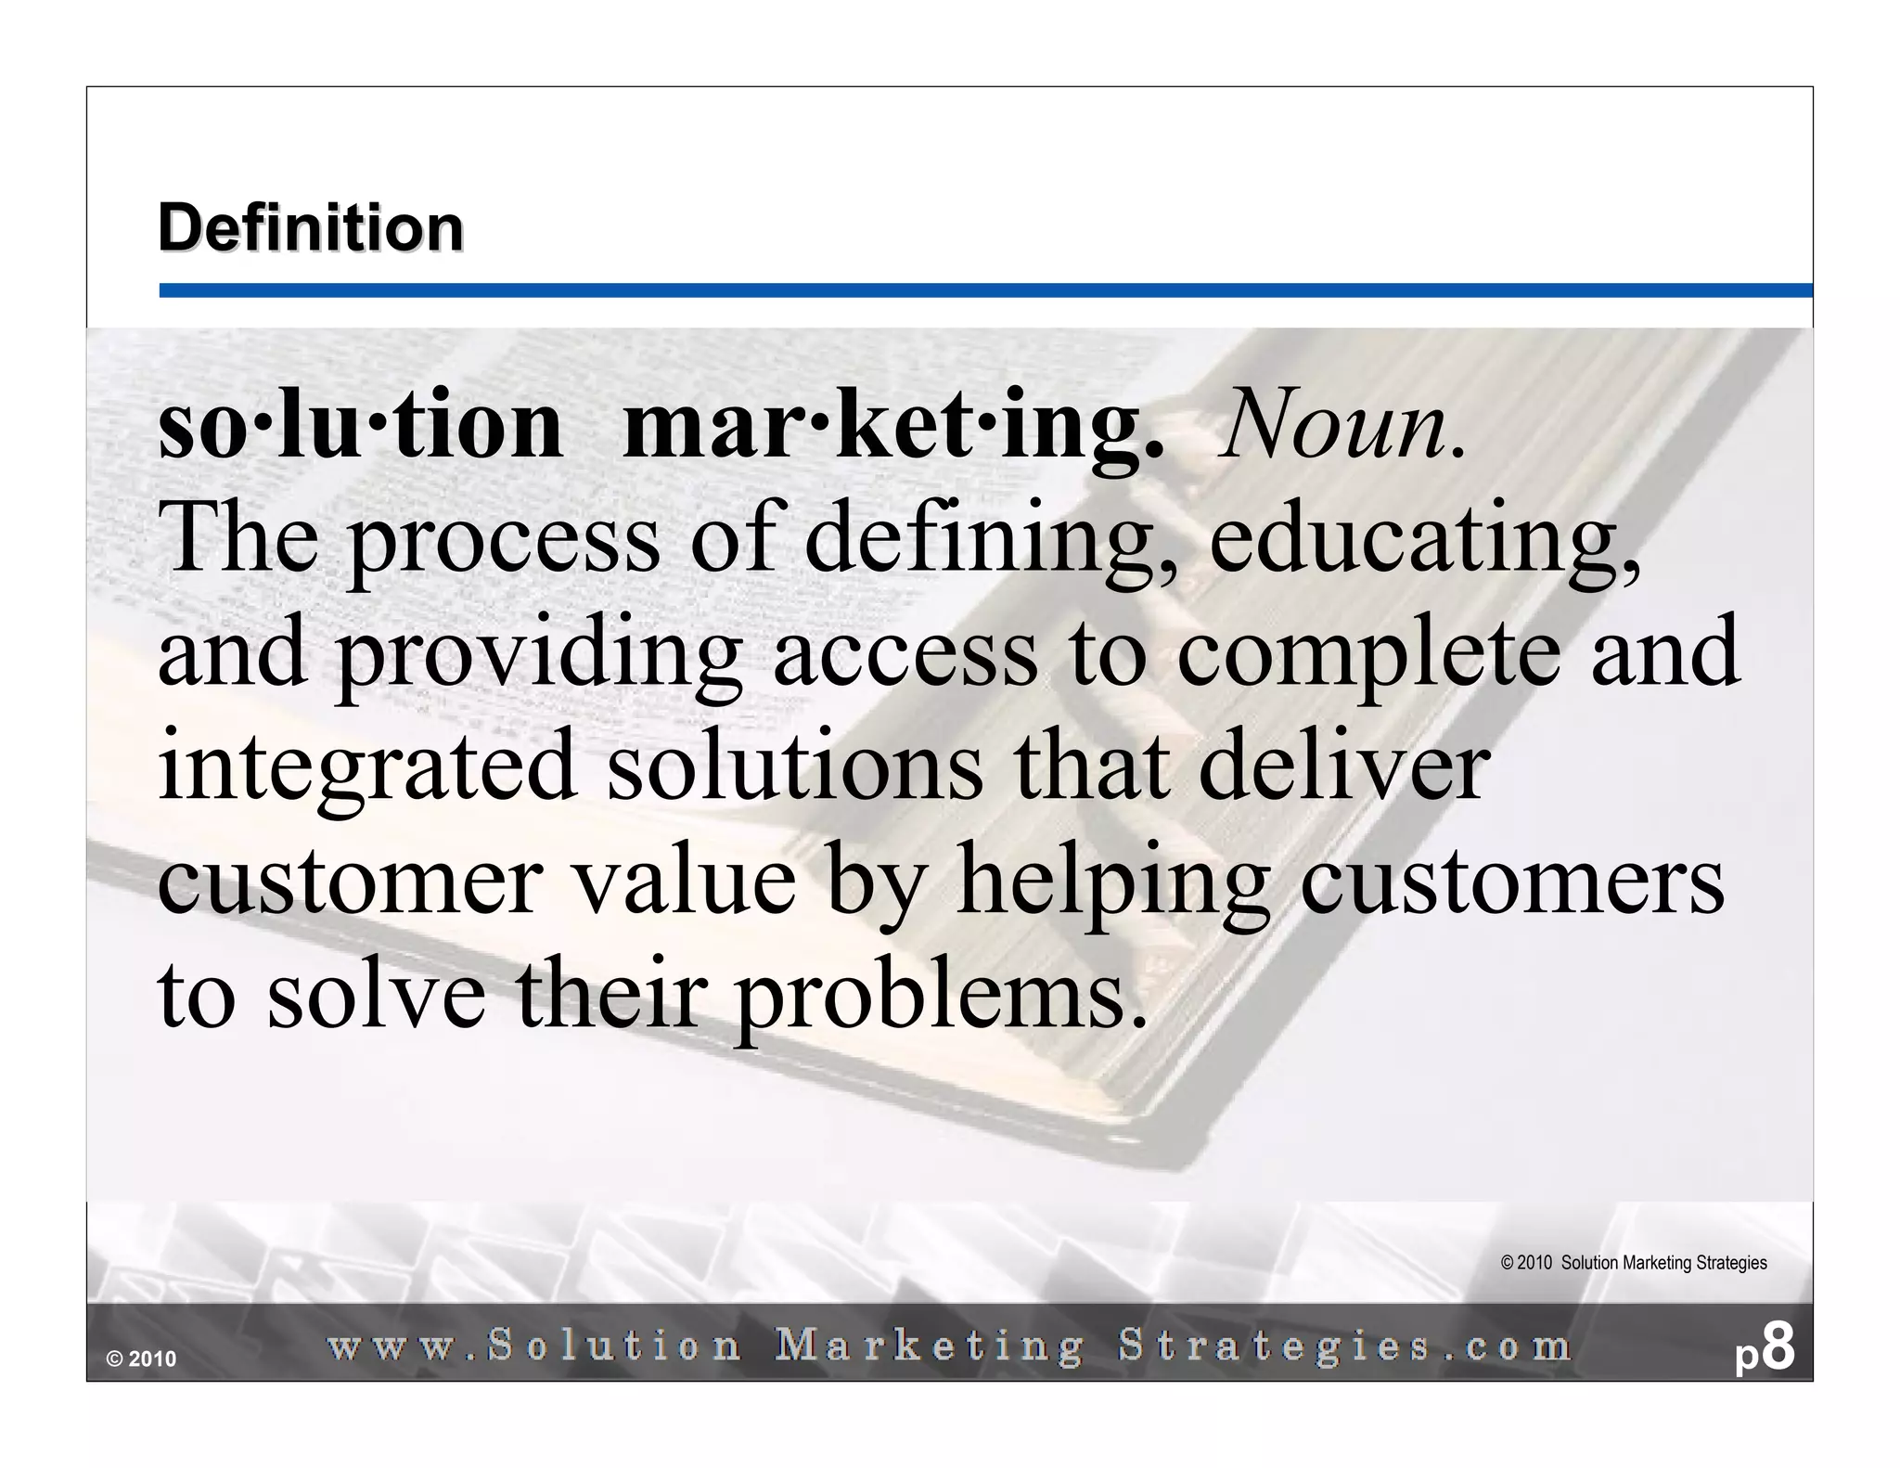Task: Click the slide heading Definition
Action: click(x=311, y=228)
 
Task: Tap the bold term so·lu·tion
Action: click(x=361, y=428)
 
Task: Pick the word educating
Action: click(x=1425, y=542)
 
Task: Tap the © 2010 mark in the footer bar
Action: click(x=141, y=1359)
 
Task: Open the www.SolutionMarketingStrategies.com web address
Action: click(x=949, y=1346)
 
